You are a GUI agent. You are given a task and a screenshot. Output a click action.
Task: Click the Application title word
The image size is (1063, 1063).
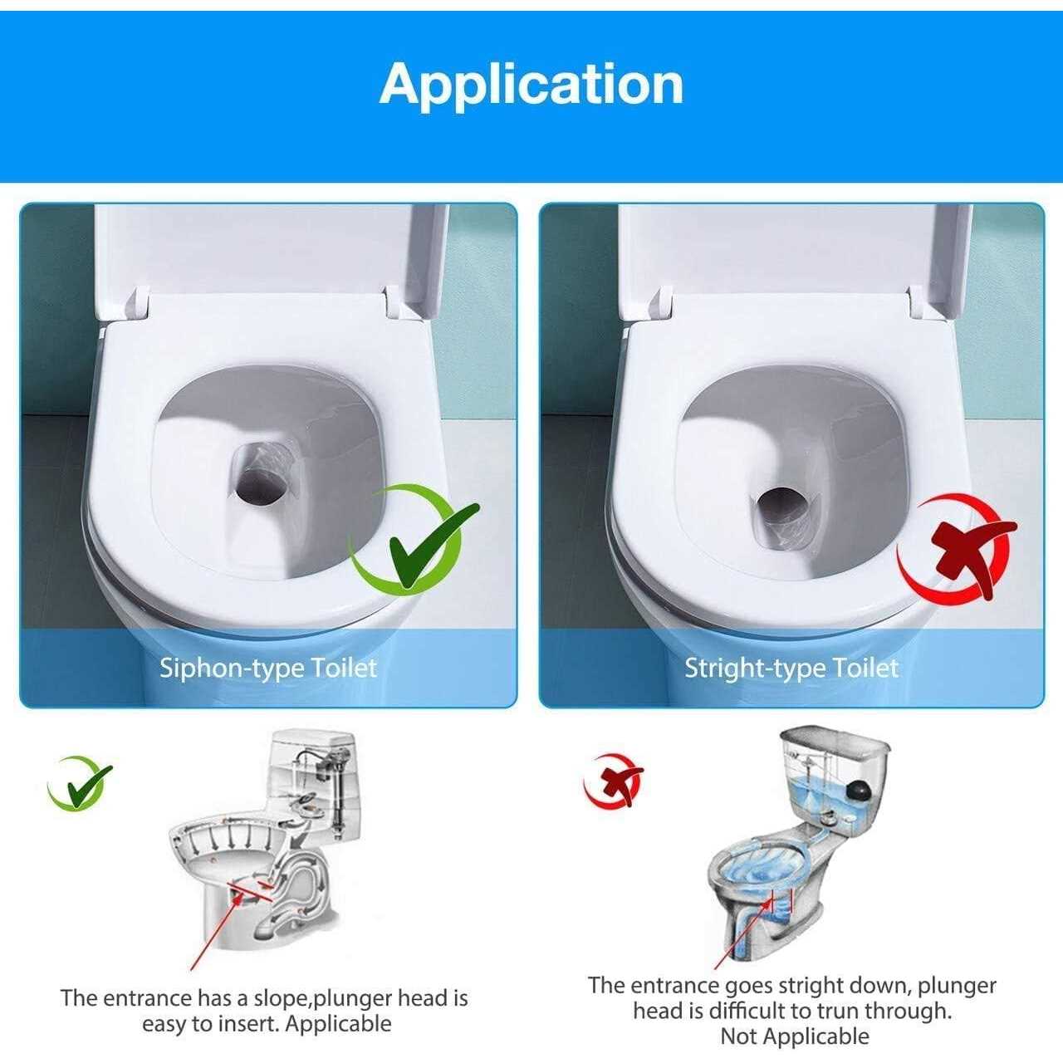tap(531, 84)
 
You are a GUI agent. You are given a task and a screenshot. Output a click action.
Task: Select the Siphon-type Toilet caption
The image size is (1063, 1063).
tap(267, 668)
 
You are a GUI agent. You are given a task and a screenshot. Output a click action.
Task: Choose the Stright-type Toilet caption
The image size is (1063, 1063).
tap(791, 668)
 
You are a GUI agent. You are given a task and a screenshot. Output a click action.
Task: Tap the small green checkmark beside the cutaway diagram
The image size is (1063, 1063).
tap(81, 783)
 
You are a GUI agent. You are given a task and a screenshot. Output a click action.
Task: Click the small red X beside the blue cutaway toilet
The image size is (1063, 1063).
tap(615, 781)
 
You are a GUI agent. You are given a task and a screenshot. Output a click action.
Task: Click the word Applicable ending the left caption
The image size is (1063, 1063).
tap(338, 1023)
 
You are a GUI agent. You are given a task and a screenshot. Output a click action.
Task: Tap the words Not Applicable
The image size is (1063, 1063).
tap(794, 1036)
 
